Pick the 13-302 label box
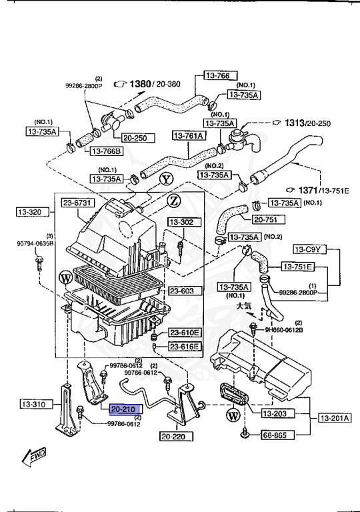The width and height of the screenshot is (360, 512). (181, 222)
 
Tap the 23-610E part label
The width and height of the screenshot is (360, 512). (184, 332)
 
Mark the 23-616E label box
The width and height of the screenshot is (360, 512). (184, 346)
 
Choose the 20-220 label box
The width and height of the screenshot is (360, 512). (177, 437)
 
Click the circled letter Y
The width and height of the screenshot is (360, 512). (166, 179)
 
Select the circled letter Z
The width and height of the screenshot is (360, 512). (173, 201)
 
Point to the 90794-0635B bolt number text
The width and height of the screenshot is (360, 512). (35, 243)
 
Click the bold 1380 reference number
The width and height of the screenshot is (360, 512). (141, 83)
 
